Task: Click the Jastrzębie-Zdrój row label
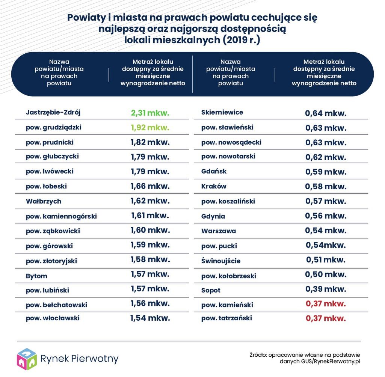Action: pyautogui.click(x=53, y=112)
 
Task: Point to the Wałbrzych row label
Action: pyautogui.click(x=44, y=201)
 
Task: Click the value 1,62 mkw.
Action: pyautogui.click(x=150, y=201)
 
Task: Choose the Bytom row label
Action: pyautogui.click(x=37, y=276)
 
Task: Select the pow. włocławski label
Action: pyautogui.click(x=53, y=318)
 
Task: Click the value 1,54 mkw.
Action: pyautogui.click(x=150, y=318)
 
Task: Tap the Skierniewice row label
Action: pyautogui.click(x=222, y=112)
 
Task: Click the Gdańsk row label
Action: pyautogui.click(x=214, y=171)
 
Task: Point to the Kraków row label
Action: pyautogui.click(x=214, y=186)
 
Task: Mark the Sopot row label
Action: pyautogui.click(x=211, y=290)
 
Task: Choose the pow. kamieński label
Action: pyautogui.click(x=227, y=305)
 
